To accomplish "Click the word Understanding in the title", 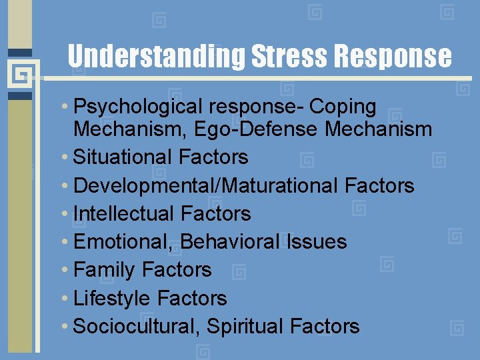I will pyautogui.click(x=157, y=57).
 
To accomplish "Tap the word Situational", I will pyautogui.click(x=123, y=157).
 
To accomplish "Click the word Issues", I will pyautogui.click(x=317, y=242).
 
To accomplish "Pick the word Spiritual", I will pyautogui.click(x=245, y=327).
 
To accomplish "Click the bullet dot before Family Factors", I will pyautogui.click(x=67, y=270).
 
